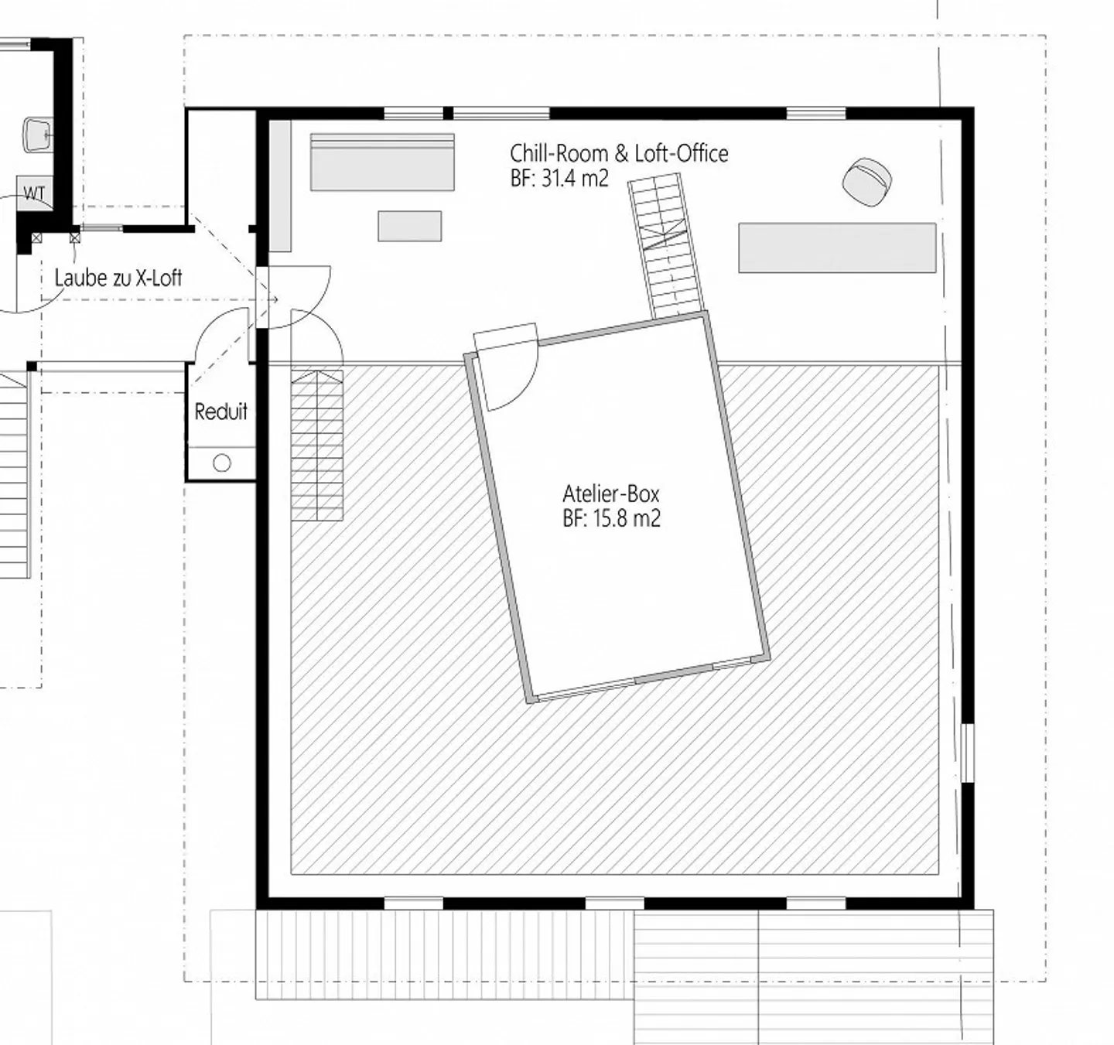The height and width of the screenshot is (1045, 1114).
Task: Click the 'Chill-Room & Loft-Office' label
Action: click(618, 153)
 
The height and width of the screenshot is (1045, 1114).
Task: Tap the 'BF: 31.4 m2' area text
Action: click(559, 179)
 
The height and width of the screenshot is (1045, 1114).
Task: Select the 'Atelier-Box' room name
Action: click(610, 493)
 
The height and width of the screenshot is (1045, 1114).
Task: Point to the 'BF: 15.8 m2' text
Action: click(611, 518)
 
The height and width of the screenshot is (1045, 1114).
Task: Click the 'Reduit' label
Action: click(220, 412)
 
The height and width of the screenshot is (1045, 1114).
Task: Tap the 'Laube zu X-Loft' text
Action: click(118, 278)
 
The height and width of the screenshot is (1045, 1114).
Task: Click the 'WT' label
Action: click(34, 194)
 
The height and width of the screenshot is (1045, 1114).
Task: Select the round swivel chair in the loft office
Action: click(866, 182)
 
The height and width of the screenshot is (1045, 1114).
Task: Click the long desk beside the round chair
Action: click(837, 248)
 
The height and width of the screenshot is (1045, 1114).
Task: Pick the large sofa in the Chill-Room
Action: click(382, 162)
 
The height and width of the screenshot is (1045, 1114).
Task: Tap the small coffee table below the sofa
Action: click(409, 226)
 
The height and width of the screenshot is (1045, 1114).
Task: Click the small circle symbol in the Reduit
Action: click(222, 463)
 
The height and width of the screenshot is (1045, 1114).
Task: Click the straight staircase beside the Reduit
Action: click(317, 446)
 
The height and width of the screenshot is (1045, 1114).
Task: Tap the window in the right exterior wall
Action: click(967, 753)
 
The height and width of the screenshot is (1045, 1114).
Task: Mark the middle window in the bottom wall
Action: click(614, 903)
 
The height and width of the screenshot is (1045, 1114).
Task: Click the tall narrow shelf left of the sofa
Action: click(280, 186)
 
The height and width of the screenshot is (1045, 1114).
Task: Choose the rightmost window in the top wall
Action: click(816, 114)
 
